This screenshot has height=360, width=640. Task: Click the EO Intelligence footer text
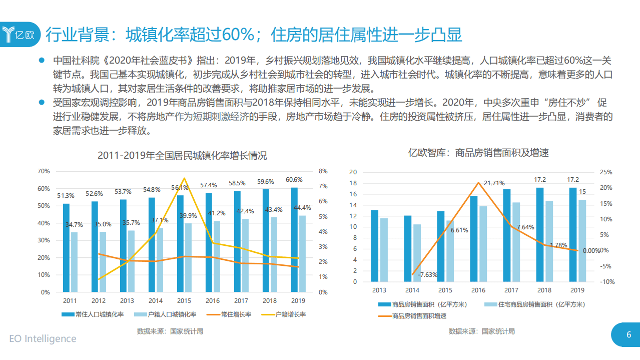43,339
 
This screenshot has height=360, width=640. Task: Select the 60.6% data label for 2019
294,180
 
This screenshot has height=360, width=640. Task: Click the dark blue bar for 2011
66,247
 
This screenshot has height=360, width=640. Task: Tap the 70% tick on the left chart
44,171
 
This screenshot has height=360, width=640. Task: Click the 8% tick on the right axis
323,171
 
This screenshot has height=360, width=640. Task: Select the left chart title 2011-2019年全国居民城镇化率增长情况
182,156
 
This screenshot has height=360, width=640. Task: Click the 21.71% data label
494,183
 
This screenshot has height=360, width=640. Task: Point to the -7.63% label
428,275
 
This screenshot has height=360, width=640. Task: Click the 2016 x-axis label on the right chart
478,290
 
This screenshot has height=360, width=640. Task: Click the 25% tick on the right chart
606,172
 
